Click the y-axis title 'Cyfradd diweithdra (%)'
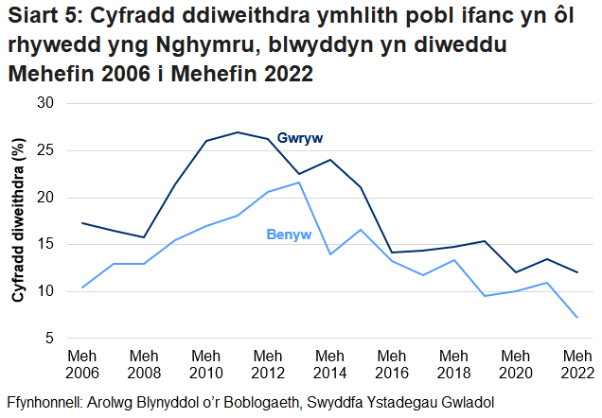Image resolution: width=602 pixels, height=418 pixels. (18, 219)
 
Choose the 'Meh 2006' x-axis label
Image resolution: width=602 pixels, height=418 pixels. (82, 363)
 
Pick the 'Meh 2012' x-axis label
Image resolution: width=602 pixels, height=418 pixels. (268, 363)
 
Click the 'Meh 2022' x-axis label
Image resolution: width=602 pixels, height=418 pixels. (576, 363)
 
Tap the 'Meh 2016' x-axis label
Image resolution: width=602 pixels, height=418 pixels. (391, 363)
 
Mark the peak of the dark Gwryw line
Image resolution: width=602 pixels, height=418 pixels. (237, 132)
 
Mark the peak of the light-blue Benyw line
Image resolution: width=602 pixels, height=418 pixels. (299, 183)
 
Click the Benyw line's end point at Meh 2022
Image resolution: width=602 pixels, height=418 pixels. (576, 318)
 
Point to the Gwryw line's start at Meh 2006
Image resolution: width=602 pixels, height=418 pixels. (82, 223)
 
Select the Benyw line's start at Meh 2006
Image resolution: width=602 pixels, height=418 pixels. (82, 287)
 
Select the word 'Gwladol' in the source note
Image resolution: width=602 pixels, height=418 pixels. (468, 400)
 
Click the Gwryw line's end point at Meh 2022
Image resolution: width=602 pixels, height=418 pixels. (576, 272)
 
